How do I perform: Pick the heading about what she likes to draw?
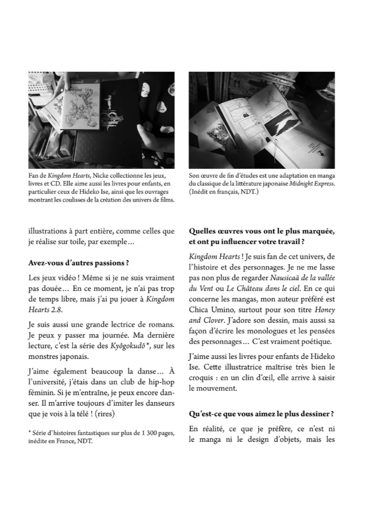[261, 414]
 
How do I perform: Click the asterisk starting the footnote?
[30, 432]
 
